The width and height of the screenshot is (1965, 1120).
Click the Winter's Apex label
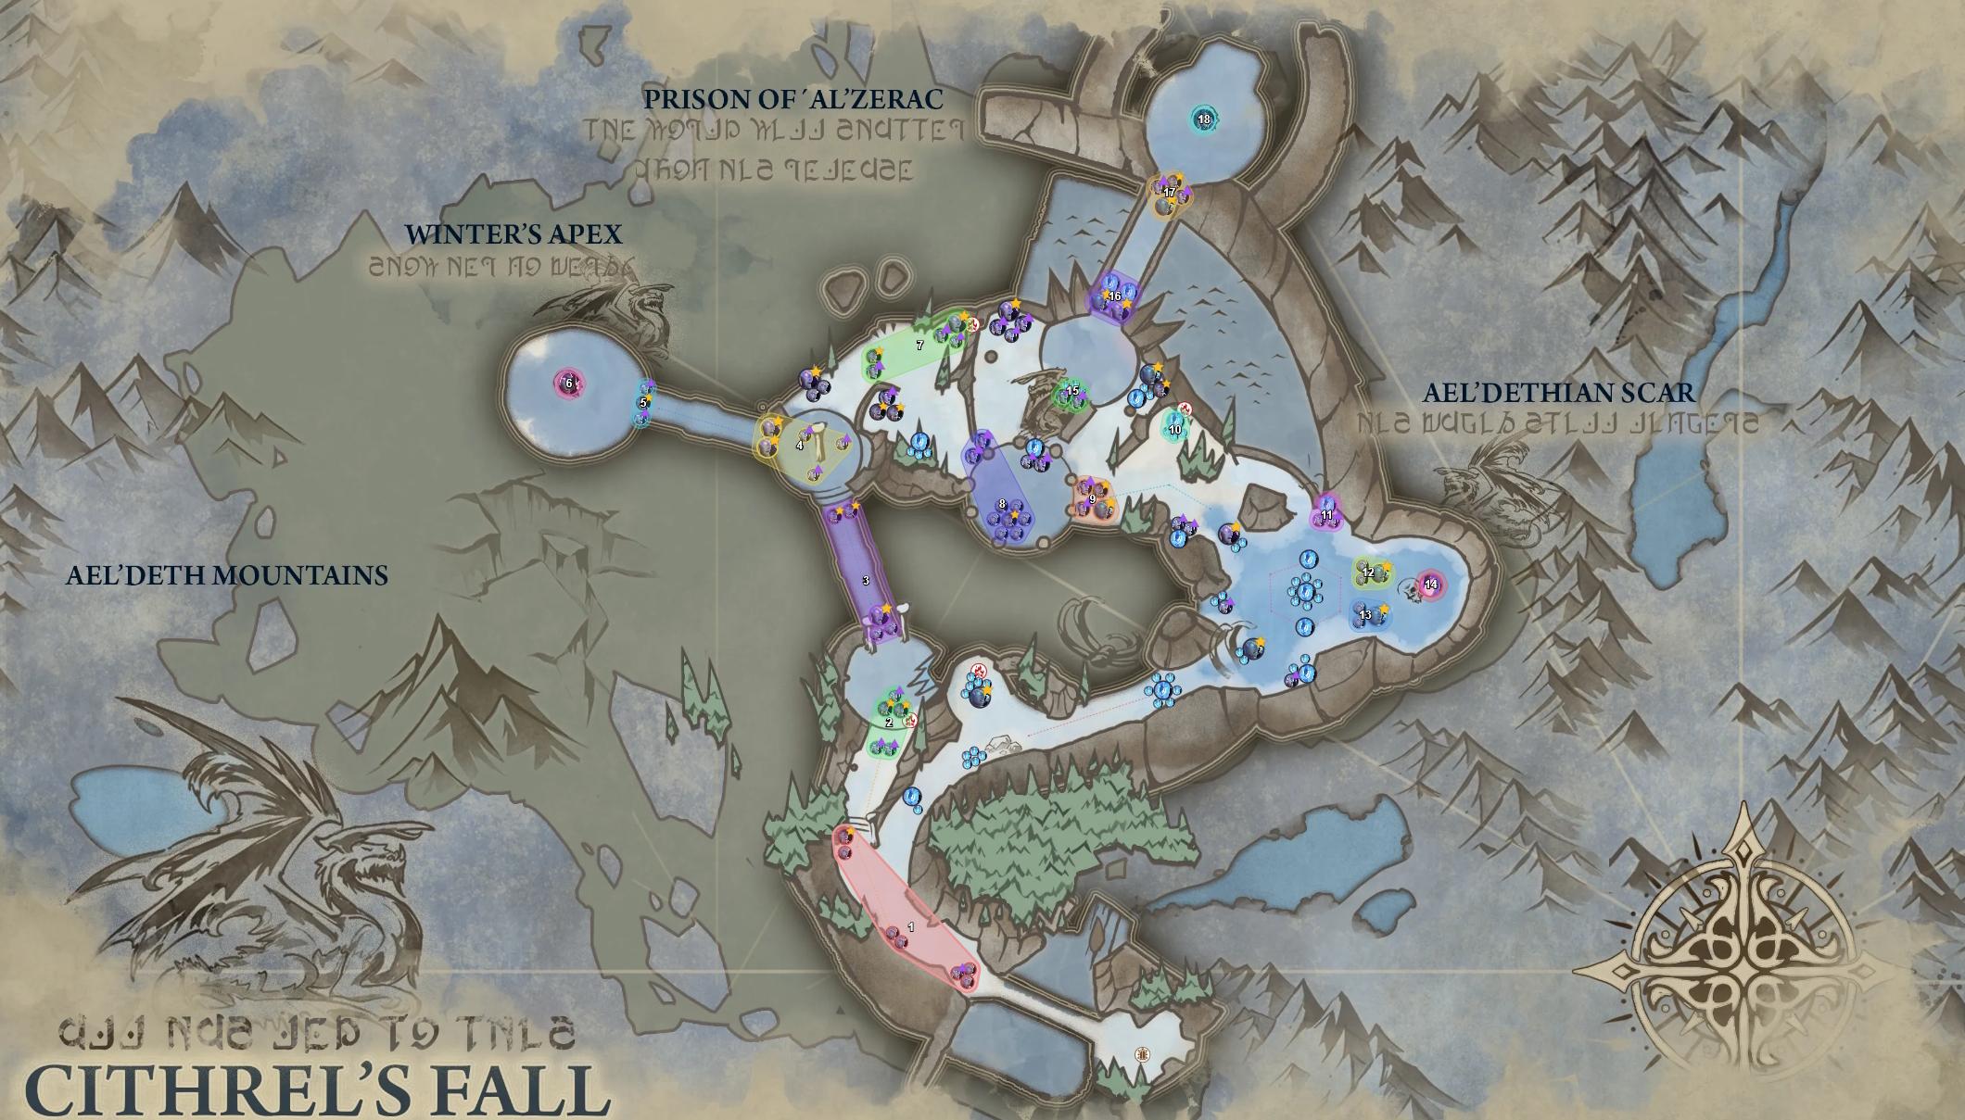tap(513, 233)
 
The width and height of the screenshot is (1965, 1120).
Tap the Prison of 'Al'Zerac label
tap(793, 99)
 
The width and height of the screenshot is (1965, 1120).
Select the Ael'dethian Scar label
tap(1559, 393)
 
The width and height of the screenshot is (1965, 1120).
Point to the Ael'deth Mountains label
tap(227, 575)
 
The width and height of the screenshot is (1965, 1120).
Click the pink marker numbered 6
tap(568, 383)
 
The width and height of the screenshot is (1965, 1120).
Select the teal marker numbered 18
tap(1204, 119)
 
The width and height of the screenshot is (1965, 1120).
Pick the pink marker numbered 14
tap(1430, 584)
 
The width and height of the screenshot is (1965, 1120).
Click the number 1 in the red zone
tap(911, 926)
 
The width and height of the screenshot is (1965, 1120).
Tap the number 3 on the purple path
tap(866, 581)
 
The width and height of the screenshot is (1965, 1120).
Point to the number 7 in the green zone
tap(919, 346)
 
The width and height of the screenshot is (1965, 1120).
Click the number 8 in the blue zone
tap(1002, 504)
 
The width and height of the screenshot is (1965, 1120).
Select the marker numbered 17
tap(1170, 192)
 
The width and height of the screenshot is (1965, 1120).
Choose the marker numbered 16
tap(1115, 296)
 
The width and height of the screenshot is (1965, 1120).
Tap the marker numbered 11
tap(1326, 515)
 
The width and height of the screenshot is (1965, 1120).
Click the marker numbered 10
tap(1175, 429)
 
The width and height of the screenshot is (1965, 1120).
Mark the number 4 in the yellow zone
tap(800, 446)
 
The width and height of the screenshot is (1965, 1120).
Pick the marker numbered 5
tap(643, 403)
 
